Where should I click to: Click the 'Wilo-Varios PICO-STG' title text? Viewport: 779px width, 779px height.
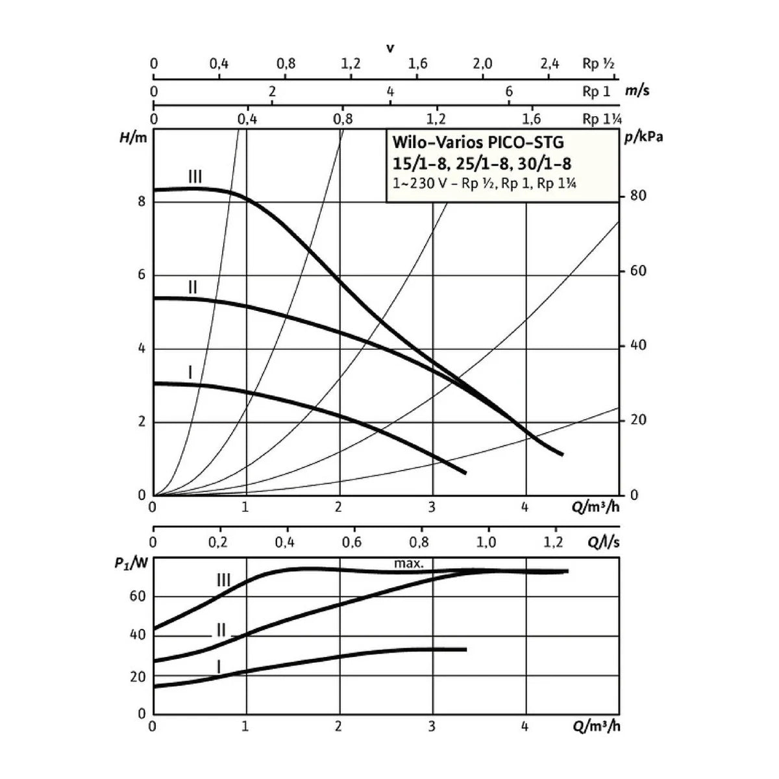(x=478, y=142)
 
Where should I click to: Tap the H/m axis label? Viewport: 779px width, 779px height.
(x=133, y=138)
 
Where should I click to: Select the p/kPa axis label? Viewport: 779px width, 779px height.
(x=644, y=138)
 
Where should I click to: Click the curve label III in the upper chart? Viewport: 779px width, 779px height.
(x=195, y=177)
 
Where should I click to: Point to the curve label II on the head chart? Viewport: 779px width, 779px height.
(x=193, y=288)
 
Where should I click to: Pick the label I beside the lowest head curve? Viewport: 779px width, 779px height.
(x=190, y=372)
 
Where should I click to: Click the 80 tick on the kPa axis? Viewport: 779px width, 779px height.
(x=638, y=195)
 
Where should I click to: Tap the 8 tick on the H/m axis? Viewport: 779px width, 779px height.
(x=142, y=201)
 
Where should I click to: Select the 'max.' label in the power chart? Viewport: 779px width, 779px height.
(x=409, y=563)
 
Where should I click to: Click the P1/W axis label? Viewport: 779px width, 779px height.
(x=131, y=563)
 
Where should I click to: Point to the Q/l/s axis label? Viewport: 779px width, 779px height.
(x=603, y=542)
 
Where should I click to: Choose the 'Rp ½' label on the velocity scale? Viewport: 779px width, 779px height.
(x=599, y=64)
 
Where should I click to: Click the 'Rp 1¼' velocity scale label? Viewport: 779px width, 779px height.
(x=602, y=119)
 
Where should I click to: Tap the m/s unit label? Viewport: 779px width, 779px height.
(x=637, y=91)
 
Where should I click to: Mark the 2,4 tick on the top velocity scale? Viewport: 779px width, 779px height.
(x=549, y=64)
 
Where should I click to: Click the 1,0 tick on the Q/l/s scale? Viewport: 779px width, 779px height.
(x=486, y=542)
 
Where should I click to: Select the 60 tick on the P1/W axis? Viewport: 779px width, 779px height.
(x=138, y=597)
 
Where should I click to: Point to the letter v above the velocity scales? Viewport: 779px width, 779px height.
(x=389, y=49)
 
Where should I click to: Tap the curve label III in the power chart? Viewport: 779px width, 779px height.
(x=223, y=580)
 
